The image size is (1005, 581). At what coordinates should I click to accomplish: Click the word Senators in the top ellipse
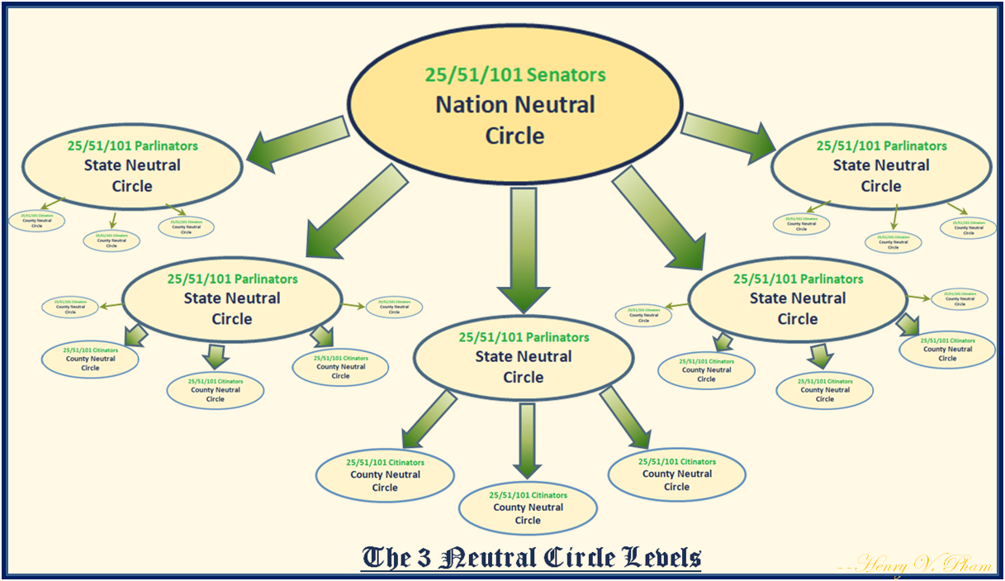click(x=564, y=75)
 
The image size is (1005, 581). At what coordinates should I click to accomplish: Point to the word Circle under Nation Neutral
click(x=514, y=135)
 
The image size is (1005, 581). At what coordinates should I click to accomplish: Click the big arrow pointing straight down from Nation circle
click(x=523, y=248)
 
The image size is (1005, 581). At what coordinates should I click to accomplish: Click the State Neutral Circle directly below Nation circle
click(x=523, y=357)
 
